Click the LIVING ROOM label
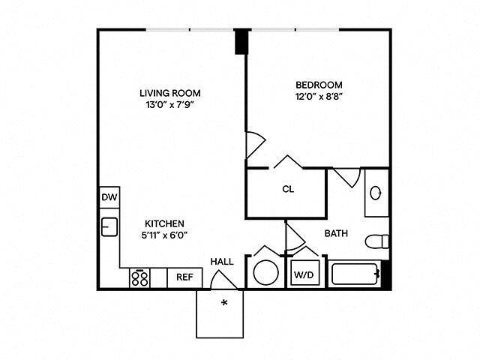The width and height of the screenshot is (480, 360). pos(170,93)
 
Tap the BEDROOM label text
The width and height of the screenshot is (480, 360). pos(319,85)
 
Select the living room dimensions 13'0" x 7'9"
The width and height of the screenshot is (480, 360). pos(170,106)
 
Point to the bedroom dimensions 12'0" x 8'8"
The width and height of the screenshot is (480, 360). pos(319,97)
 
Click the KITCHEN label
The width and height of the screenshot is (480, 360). pos(165,223)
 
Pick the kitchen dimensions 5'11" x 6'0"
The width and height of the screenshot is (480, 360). pos(165,235)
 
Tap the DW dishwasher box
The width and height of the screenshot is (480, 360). pos(108,197)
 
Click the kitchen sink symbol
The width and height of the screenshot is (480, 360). pos(109,226)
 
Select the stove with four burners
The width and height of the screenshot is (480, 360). pos(139,277)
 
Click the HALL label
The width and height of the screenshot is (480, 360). pos(221,262)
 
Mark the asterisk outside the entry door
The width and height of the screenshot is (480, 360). pos(223,303)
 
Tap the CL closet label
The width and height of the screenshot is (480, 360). pos(287,189)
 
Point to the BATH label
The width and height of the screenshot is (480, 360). pos(336,233)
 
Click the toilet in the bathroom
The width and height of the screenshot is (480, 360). pos(376,241)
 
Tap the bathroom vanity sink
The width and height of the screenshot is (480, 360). pos(376,193)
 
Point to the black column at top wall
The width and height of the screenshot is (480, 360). pos(241,41)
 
